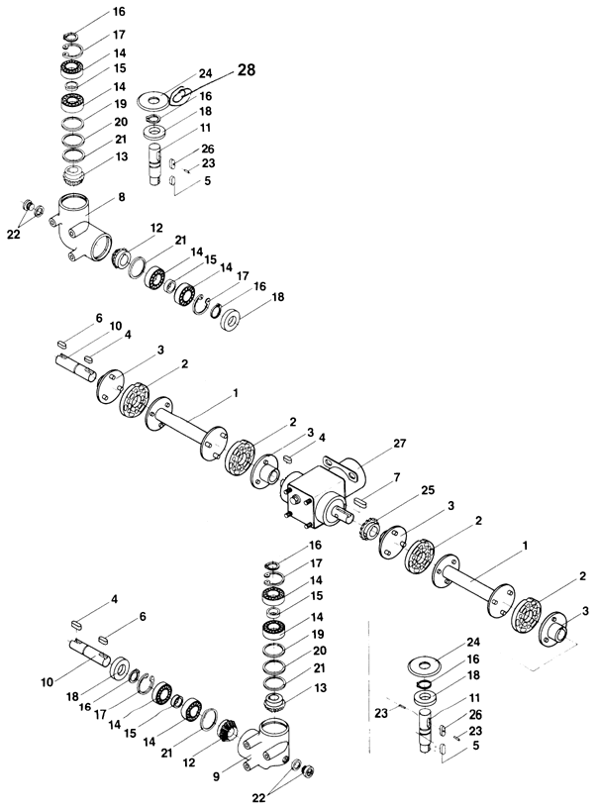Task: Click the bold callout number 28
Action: [x=246, y=72]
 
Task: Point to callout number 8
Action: [x=121, y=197]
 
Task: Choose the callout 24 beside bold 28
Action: [x=205, y=72]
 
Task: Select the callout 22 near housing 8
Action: [x=13, y=234]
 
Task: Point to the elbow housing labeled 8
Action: [x=79, y=230]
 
